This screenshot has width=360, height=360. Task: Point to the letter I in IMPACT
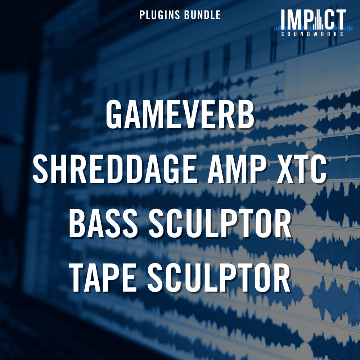pos(283,19)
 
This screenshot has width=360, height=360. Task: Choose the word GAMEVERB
pos(180,116)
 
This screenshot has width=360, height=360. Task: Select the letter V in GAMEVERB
pos(191,116)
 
